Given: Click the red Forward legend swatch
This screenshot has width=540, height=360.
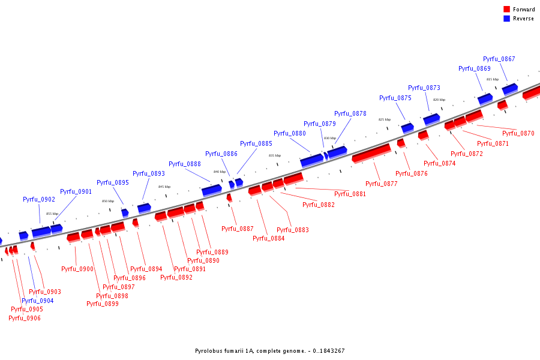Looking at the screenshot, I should pos(506,9).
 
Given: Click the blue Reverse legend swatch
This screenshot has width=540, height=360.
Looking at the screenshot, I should pos(506,19).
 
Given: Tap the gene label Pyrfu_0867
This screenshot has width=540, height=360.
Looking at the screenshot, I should pos(499,59).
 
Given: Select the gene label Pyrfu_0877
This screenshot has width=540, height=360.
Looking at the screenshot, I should pos(382,184).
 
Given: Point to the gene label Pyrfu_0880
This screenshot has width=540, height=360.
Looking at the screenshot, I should pos(289,133).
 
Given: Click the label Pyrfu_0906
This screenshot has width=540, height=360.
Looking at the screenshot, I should pos(25,318).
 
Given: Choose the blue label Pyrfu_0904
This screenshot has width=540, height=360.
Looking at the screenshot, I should pos(37,301).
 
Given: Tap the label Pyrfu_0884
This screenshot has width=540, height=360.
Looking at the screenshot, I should pos(268,238).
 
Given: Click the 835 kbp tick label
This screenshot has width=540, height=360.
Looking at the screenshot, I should pos(275,155).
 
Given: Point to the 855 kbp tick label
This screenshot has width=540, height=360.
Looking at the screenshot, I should pos(52,214).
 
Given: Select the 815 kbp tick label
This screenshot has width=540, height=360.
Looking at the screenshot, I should pos(492,79).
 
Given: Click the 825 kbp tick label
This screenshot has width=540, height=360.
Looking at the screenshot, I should pos(384,119).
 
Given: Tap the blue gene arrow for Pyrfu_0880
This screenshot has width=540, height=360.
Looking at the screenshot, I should pos(311,160).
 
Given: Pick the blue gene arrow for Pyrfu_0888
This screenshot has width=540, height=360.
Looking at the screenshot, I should pos(211,190).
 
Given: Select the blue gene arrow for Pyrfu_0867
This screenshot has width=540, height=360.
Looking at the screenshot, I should pos(509,89).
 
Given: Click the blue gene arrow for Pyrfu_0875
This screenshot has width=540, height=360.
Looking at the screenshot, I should pos(407,128).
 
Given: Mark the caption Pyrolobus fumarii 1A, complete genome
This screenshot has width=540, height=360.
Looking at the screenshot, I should pos(269,351).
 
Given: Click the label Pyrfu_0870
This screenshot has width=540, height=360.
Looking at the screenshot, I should pos(518,133).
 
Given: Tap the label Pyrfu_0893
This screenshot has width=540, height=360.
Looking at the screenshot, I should pos(148,173).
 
